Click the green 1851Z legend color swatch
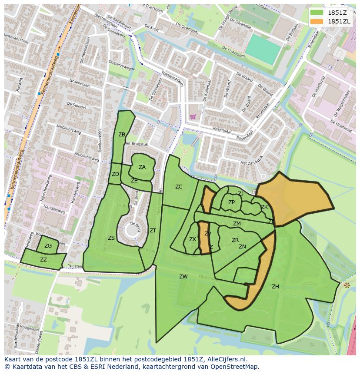316,13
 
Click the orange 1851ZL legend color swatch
316,21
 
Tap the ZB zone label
122,135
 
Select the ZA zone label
142,167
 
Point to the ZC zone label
179,187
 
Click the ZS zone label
111,238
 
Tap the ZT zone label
153,231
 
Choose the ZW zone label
183,277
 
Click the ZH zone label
275,287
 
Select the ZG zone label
48,246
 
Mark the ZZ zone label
43,260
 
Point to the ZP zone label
231,202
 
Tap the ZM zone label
237,224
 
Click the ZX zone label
193,239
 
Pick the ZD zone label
115,174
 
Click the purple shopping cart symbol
193,116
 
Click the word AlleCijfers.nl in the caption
226,360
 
